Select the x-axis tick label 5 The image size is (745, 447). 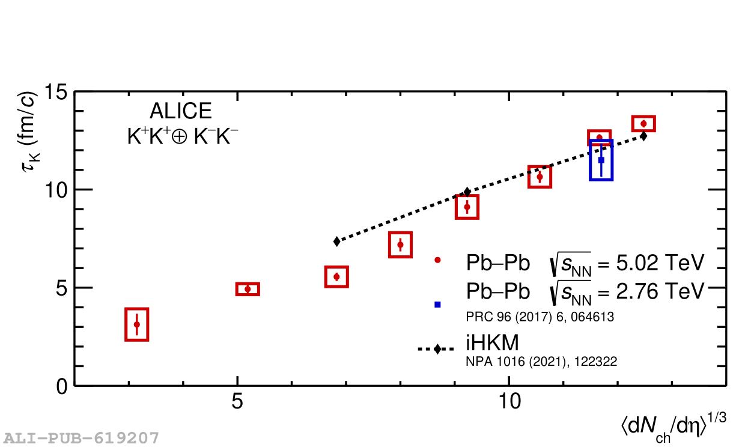click(x=237, y=402)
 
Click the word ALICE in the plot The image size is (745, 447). click(x=181, y=111)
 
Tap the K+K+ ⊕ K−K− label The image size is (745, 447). click(x=183, y=137)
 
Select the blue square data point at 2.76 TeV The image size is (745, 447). click(x=601, y=160)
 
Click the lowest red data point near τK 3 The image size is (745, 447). click(x=137, y=324)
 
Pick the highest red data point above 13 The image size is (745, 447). click(x=643, y=124)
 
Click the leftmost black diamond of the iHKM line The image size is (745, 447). click(x=337, y=241)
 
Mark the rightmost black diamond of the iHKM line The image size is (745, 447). click(x=643, y=136)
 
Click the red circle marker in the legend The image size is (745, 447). click(x=437, y=260)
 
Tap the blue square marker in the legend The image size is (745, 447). click(x=437, y=304)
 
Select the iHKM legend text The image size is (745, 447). click(x=491, y=342)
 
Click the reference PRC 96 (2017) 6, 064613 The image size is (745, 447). click(x=540, y=317)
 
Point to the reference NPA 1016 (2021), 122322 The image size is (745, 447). click(x=541, y=362)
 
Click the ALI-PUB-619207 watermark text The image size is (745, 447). click(x=82, y=437)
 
